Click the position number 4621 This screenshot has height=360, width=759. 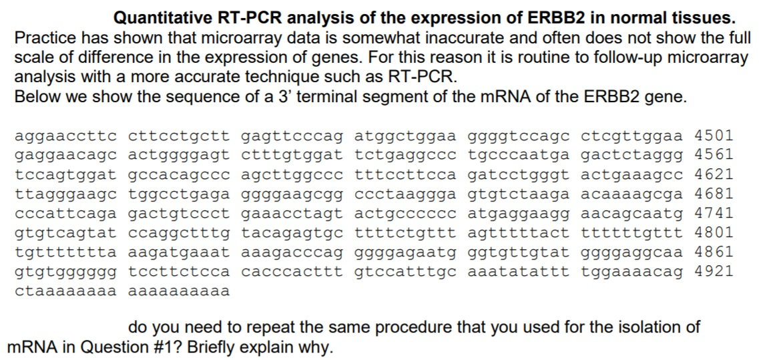pyautogui.click(x=714, y=176)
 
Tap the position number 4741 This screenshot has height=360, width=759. pyautogui.click(x=714, y=214)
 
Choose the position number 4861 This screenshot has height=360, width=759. pyautogui.click(x=714, y=252)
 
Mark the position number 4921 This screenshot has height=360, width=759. pyautogui.click(x=714, y=272)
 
